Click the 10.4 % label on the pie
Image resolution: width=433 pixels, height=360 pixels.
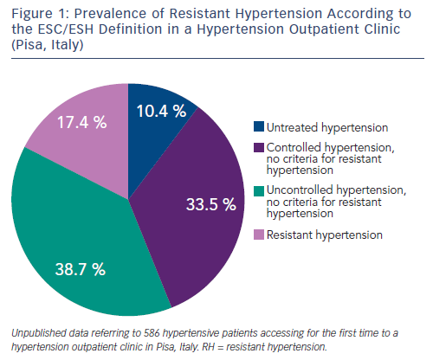pyautogui.click(x=161, y=111)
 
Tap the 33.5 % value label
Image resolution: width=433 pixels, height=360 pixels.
pyautogui.click(x=211, y=204)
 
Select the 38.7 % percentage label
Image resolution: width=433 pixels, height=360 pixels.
pyautogui.click(x=81, y=269)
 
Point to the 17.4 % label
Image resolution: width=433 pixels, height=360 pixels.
pyautogui.click(x=82, y=122)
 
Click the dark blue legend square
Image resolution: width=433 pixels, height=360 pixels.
pyautogui.click(x=259, y=126)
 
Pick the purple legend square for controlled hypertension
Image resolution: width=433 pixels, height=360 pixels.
pyautogui.click(x=259, y=147)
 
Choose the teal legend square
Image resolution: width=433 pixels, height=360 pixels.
pyautogui.click(x=259, y=191)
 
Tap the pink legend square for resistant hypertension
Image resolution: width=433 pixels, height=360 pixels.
pyautogui.click(x=259, y=235)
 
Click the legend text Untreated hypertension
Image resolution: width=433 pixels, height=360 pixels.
pyautogui.click(x=327, y=127)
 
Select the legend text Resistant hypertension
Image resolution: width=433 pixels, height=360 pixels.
pyautogui.click(x=325, y=235)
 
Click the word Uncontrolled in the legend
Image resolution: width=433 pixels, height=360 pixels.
pyautogui.click(x=300, y=190)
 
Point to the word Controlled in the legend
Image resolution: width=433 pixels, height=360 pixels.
pyautogui.click(x=294, y=147)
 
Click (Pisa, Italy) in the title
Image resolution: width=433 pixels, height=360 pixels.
pyautogui.click(x=48, y=45)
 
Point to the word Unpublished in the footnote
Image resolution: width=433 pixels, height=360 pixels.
pyautogui.click(x=38, y=333)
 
